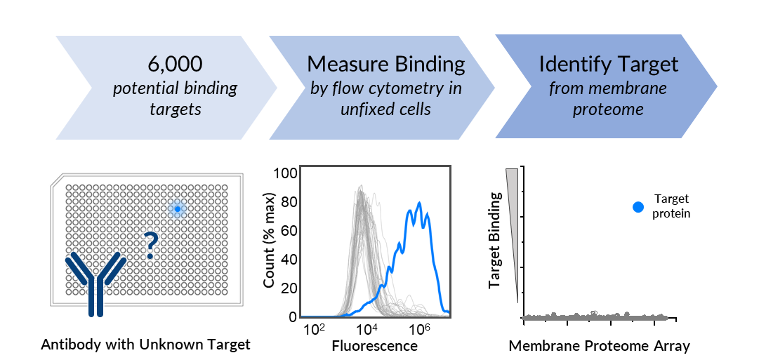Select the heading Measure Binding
(x=385, y=65)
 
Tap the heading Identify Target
(x=608, y=65)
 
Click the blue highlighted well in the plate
(x=178, y=209)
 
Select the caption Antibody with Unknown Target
(x=145, y=345)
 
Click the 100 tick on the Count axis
(x=283, y=173)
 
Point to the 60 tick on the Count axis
(x=286, y=231)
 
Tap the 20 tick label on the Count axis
(x=286, y=288)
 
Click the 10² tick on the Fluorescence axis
(x=314, y=329)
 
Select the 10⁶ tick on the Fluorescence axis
(x=419, y=329)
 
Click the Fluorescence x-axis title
(x=374, y=346)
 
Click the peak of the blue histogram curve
(x=419, y=204)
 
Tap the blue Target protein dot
(x=638, y=207)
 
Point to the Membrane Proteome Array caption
(x=600, y=345)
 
